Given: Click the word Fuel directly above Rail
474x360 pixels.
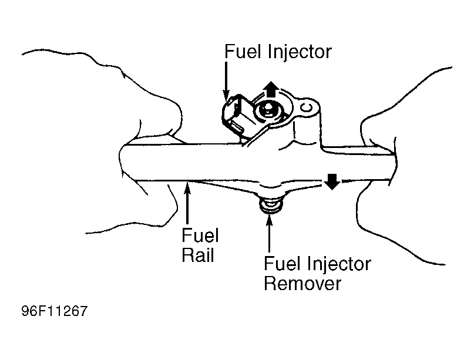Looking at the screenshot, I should click(200, 236).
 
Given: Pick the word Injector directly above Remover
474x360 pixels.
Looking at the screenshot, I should click(337, 264).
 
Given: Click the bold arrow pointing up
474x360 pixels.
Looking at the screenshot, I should click(271, 89).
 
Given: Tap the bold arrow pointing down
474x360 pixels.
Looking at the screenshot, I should click(332, 181).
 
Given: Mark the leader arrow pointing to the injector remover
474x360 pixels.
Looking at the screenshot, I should click(269, 232).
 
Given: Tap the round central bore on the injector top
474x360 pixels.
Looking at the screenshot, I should click(269, 109).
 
